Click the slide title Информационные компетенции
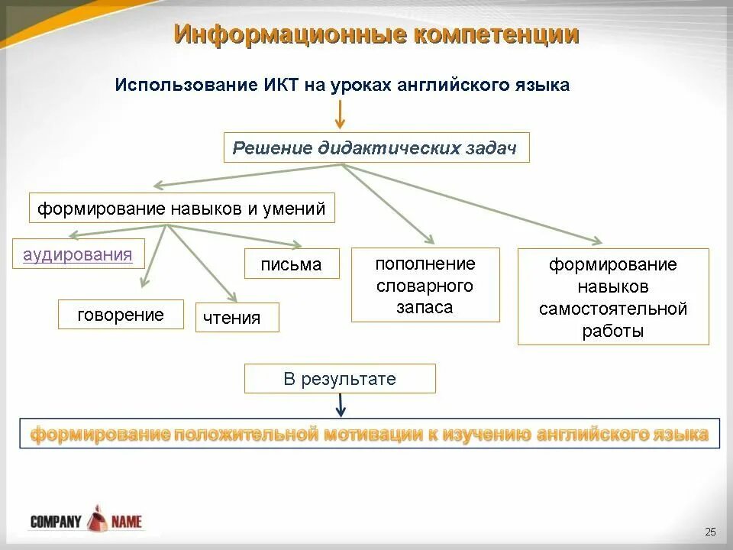coord(376,34)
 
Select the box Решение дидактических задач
coord(376,148)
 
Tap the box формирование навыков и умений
coord(182,209)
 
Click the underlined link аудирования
coord(78,254)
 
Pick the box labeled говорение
coord(121,315)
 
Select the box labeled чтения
coord(237,318)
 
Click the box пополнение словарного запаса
coord(425,285)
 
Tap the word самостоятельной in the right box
coord(613,309)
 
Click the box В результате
coord(340,379)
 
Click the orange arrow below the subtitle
coord(341,115)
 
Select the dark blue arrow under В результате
coord(341,405)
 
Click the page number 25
coord(710,532)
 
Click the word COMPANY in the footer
coord(56,522)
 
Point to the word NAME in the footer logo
coord(126,522)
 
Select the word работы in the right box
coord(613,331)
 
